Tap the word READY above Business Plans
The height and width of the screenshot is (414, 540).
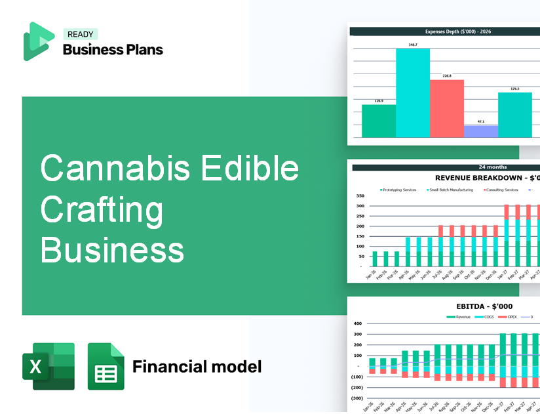(x=80, y=34)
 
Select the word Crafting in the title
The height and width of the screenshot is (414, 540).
(x=102, y=210)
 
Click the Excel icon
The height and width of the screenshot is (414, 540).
(x=48, y=366)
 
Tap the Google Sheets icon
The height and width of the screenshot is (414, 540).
(x=106, y=366)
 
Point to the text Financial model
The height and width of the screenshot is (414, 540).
(x=197, y=366)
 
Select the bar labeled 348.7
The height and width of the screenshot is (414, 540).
(x=412, y=93)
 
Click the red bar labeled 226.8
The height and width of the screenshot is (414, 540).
(x=446, y=108)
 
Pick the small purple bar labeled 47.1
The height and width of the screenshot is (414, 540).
(x=480, y=131)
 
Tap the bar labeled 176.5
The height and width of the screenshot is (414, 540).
(x=514, y=115)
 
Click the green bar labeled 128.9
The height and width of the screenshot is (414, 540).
(x=378, y=121)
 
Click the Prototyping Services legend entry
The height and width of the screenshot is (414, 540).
(x=398, y=190)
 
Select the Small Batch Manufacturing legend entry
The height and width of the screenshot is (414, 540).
(x=453, y=190)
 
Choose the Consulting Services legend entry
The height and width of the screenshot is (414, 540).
(x=501, y=190)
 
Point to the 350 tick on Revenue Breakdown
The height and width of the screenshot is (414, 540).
(x=359, y=196)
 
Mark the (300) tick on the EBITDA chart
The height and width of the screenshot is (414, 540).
(x=357, y=398)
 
